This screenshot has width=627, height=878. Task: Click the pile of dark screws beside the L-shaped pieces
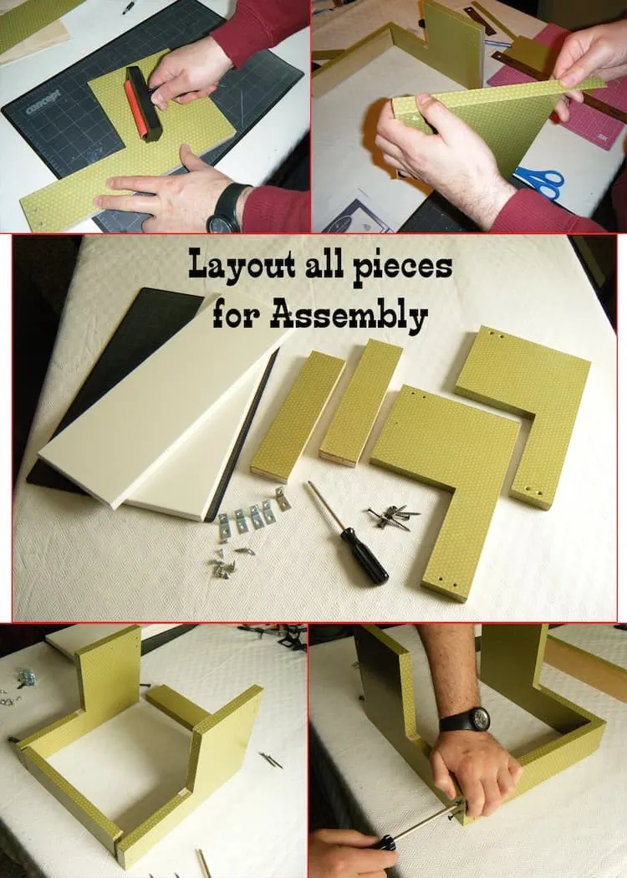[395, 516]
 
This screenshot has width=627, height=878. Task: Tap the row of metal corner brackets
[253, 512]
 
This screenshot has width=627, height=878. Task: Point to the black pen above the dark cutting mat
[130, 7]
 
